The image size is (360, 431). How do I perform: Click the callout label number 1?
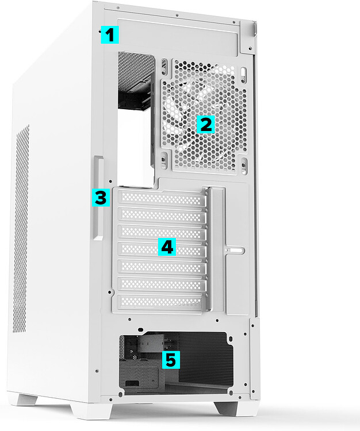click(109, 35)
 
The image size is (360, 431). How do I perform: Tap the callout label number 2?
click(205, 124)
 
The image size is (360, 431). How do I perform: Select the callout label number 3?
click(100, 198)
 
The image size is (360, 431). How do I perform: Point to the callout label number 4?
click(166, 247)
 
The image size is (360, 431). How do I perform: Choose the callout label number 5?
click(171, 360)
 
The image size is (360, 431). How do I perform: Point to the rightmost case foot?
click(235, 408)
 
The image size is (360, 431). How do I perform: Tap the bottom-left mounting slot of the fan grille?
click(164, 159)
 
